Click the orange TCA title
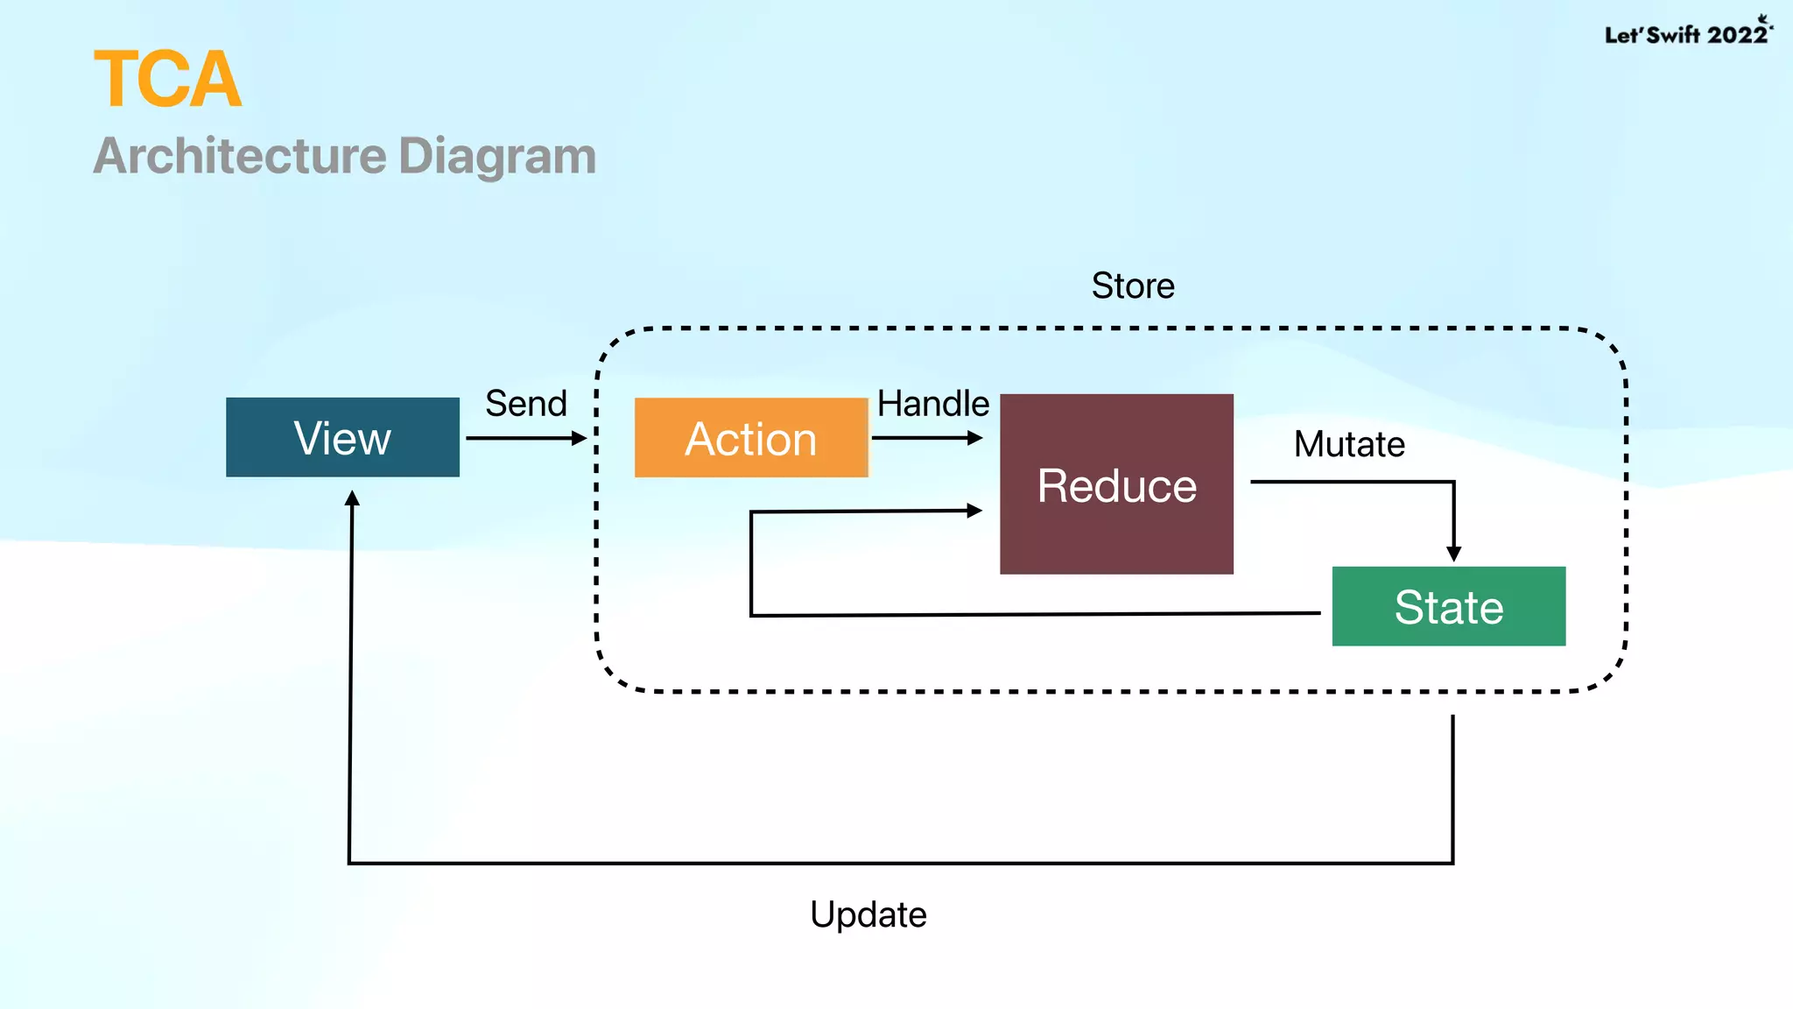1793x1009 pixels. pyautogui.click(x=167, y=80)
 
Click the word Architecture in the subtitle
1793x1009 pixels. pyautogui.click(x=240, y=156)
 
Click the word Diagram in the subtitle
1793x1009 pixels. pyautogui.click(x=497, y=156)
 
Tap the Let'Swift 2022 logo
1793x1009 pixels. pyautogui.click(x=1686, y=33)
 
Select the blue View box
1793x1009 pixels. pyautogui.click(x=342, y=437)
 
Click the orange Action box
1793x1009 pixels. pyautogui.click(x=750, y=438)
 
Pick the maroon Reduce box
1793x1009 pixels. pyautogui.click(x=1116, y=484)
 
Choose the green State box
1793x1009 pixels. pyautogui.click(x=1448, y=606)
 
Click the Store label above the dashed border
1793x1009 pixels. pyautogui.click(x=1133, y=286)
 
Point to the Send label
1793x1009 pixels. pyautogui.click(x=526, y=404)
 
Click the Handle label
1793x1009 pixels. pyautogui.click(x=933, y=404)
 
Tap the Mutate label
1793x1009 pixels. pyautogui.click(x=1349, y=444)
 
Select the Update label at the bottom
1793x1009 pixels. pyautogui.click(x=868, y=914)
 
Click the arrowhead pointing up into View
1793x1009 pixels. pyautogui.click(x=352, y=498)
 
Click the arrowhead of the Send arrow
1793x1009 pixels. pyautogui.click(x=579, y=438)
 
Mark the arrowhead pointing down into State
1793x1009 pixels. pyautogui.click(x=1453, y=554)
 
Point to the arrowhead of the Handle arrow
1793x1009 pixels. pyautogui.click(x=974, y=438)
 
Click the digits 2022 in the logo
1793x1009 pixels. pyautogui.click(x=1737, y=34)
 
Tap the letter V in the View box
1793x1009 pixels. pyautogui.click(x=308, y=437)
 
